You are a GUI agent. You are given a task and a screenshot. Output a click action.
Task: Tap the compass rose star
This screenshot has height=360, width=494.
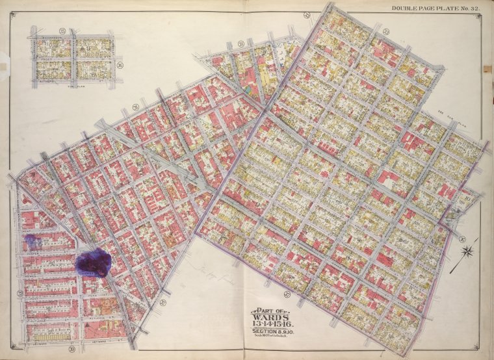pyautogui.click(x=468, y=251)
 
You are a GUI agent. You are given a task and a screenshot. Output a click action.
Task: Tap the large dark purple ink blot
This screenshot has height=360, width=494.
pyautogui.click(x=92, y=263)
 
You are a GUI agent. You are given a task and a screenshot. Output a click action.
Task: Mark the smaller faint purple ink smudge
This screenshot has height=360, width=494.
pyautogui.click(x=32, y=243)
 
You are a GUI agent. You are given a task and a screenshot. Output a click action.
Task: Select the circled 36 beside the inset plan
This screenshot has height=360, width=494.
pyautogui.click(x=119, y=65)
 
